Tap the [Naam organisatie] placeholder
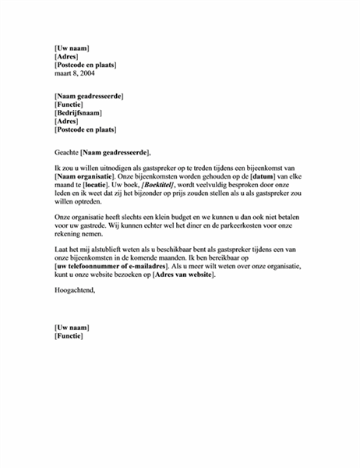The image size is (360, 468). [86, 177]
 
